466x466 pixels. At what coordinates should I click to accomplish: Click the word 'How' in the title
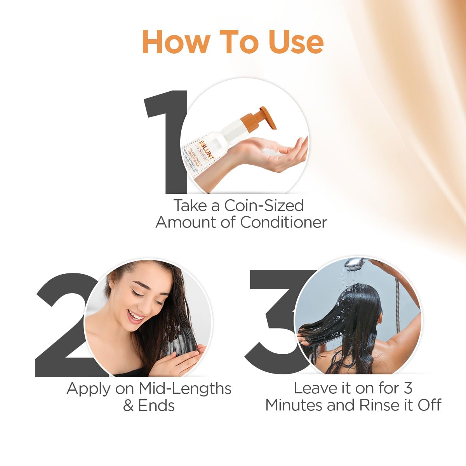(176, 42)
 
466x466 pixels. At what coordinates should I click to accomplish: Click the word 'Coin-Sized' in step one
(264, 205)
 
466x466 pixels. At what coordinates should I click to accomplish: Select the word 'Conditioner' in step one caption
(283, 223)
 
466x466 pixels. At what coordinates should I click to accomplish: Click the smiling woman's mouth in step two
(136, 316)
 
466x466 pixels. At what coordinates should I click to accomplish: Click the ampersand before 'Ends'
(128, 406)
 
